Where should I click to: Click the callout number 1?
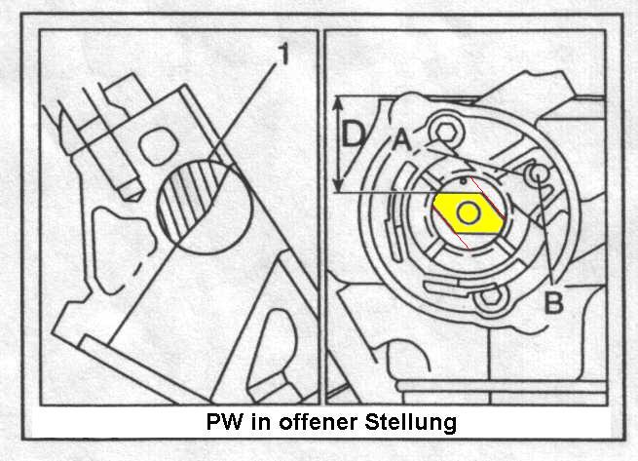coord(283,55)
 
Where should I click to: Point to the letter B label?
coord(554,302)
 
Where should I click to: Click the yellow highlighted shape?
coord(468,213)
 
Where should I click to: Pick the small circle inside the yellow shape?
coord(469,213)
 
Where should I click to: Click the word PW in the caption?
coord(225,421)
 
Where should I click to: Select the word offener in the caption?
coord(318,421)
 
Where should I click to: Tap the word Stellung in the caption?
coord(410,422)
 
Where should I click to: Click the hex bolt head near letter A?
coord(446,132)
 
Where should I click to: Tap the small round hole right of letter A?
coord(538,174)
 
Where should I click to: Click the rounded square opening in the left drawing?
coord(159,146)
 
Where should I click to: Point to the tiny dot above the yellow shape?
coord(463,180)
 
